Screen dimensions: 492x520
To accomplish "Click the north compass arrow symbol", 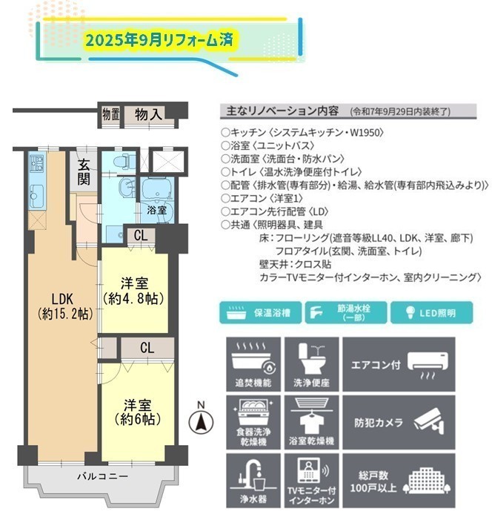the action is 201,423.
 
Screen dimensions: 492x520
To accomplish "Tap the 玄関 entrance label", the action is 84,172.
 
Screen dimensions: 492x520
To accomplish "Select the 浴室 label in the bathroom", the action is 156,210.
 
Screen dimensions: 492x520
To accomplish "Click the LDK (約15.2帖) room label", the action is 65,306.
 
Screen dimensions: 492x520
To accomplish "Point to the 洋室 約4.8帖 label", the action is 134,291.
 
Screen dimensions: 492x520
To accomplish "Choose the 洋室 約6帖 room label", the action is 138,412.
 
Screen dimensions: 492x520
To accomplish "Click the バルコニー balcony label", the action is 103,476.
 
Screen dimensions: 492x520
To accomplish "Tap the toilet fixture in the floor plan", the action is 124,161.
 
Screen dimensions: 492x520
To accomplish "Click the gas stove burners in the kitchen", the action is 36,163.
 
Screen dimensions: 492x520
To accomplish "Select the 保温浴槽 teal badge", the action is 260,312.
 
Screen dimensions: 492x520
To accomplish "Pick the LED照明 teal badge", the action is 431,312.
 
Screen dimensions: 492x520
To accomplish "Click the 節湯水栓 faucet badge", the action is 346,312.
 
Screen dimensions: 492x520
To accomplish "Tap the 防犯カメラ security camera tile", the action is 399,422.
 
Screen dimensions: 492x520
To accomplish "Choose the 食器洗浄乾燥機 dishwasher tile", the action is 253,422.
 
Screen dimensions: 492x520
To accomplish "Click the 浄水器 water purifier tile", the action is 253,481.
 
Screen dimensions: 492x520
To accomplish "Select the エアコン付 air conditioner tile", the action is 399,364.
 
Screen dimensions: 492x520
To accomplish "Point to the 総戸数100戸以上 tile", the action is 399,481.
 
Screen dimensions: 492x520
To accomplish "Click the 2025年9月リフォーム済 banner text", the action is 159,40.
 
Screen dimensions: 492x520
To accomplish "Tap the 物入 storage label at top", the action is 149,115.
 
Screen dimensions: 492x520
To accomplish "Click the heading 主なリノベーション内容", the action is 282,111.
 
